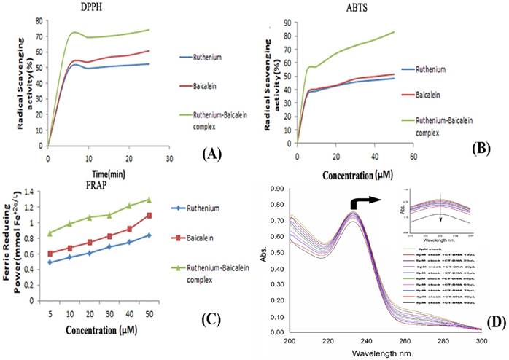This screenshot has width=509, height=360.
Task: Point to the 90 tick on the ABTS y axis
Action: pos(290,23)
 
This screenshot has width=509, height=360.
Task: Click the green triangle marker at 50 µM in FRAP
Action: pos(149,200)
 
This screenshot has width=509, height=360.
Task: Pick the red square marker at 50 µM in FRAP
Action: pos(149,216)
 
